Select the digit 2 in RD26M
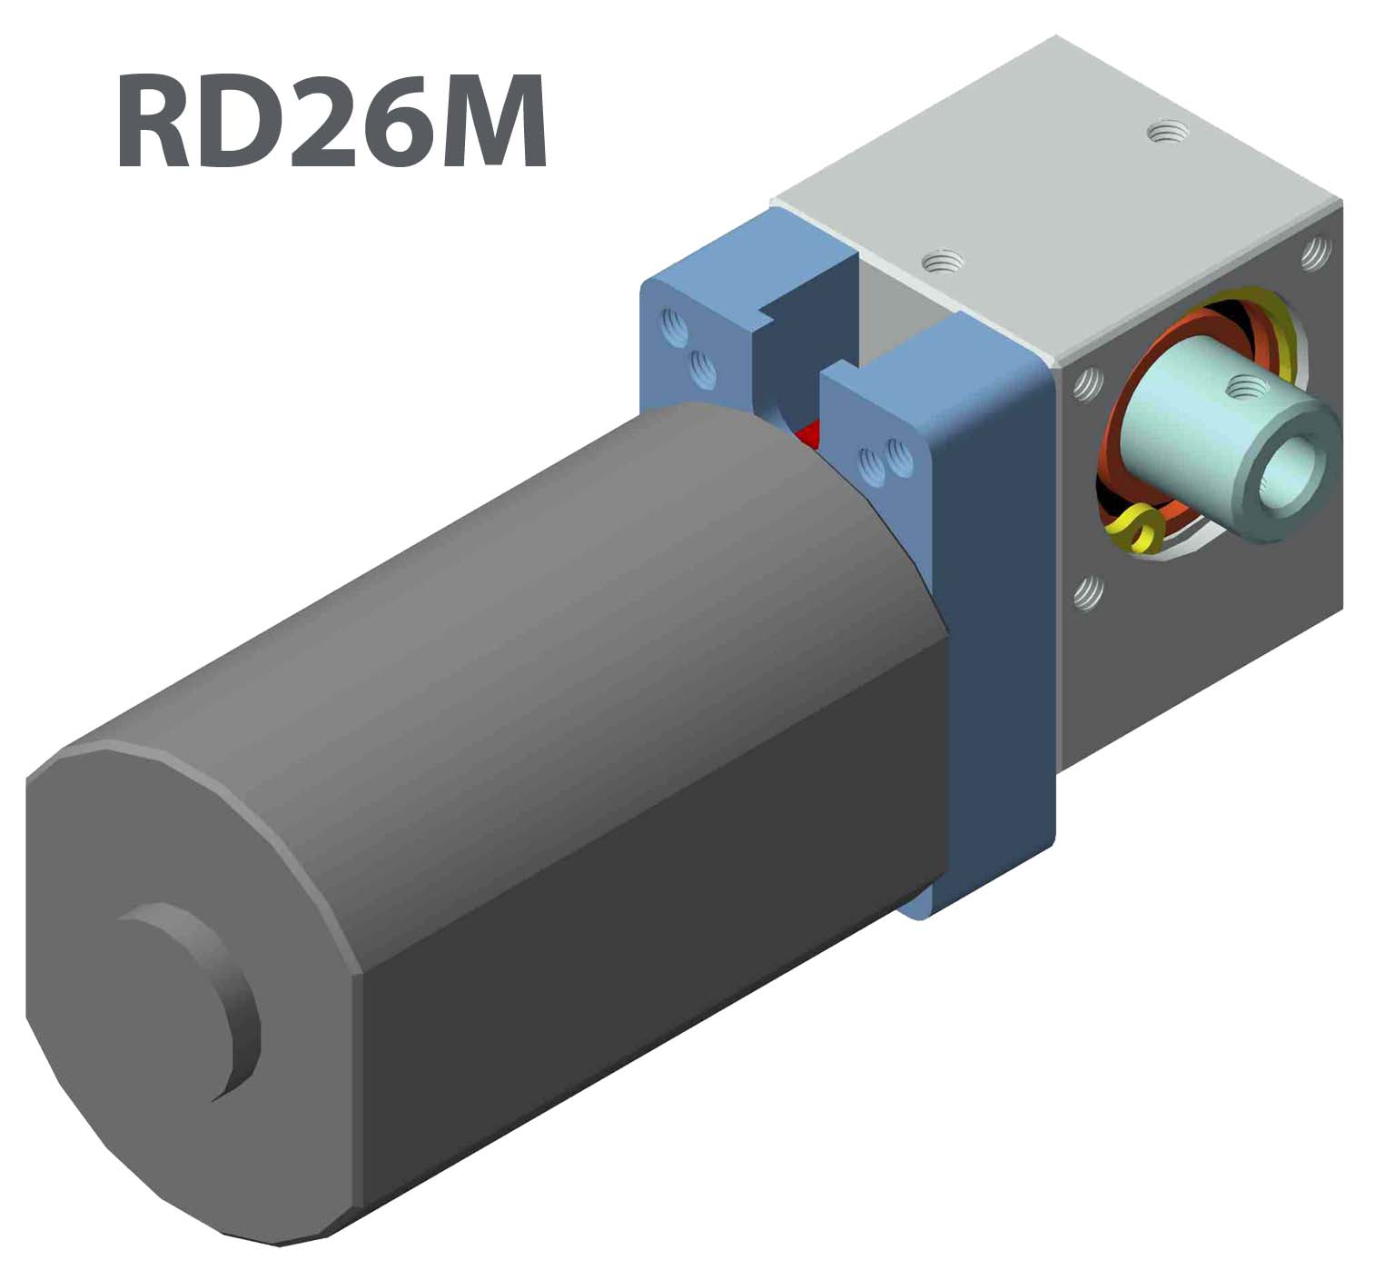[x=324, y=123]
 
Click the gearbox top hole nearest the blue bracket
[x=942, y=263]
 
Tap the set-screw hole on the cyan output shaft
[x=1241, y=389]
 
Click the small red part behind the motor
[x=806, y=436]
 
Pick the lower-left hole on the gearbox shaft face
[x=1087, y=593]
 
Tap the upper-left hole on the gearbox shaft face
[x=1086, y=385]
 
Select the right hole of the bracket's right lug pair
[x=898, y=456]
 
